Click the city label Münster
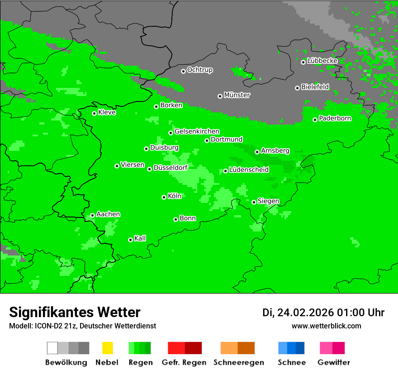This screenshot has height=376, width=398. [237, 95]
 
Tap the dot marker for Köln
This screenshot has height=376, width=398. [164, 197]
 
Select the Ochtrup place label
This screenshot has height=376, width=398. [199, 70]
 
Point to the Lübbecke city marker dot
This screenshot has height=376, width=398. [303, 62]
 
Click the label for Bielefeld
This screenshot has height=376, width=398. [315, 87]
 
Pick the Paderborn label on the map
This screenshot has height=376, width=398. [335, 119]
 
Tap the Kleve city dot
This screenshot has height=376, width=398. [94, 113]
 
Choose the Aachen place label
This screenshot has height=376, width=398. [108, 214]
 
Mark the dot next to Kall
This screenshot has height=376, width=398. [130, 240]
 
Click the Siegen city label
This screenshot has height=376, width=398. [268, 201]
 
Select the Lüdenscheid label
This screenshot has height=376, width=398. [249, 170]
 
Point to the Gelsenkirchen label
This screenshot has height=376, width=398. [197, 132]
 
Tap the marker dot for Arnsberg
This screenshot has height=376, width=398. [257, 152]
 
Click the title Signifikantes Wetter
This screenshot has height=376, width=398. [75, 312]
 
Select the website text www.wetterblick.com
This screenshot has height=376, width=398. [326, 326]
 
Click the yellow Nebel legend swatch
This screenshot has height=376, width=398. [107, 348]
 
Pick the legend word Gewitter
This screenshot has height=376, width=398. [333, 362]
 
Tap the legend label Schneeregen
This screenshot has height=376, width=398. [238, 362]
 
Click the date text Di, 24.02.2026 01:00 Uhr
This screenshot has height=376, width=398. [323, 313]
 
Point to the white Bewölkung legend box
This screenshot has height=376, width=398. [52, 348]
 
